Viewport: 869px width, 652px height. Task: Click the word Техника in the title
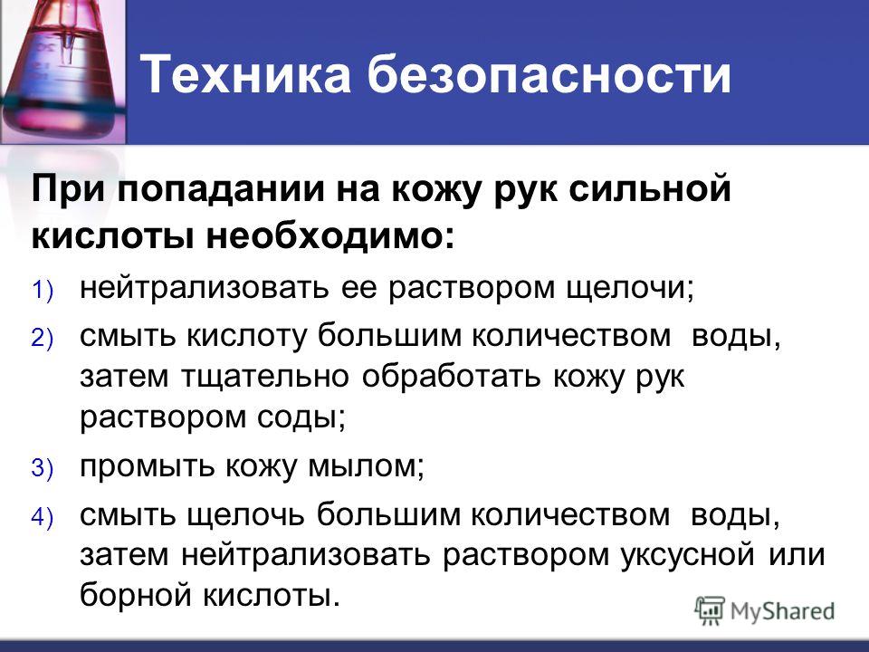click(245, 73)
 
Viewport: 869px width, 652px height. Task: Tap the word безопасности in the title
click(549, 73)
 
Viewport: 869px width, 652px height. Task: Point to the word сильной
click(650, 187)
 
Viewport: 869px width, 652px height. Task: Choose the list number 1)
click(43, 290)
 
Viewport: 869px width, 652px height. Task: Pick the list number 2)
click(43, 338)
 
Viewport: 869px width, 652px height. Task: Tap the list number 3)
click(43, 468)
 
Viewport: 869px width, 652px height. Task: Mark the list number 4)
click(43, 517)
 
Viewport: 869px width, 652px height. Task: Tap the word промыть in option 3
click(147, 468)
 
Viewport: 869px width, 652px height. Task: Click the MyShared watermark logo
click(765, 611)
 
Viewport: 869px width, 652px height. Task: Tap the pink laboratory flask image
click(62, 71)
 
